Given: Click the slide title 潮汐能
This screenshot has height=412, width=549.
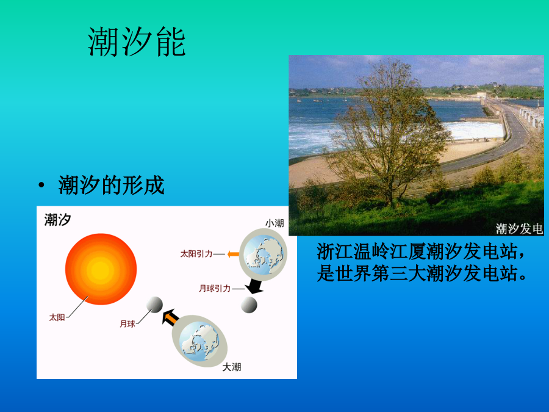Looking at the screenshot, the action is tap(137, 42).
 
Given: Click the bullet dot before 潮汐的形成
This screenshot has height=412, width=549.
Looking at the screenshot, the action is tap(41, 184).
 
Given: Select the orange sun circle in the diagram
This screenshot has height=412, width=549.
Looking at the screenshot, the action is tap(101, 269).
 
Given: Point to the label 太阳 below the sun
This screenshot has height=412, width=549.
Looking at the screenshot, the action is tap(57, 317).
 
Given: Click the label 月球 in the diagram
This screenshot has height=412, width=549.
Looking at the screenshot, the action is tap(127, 323).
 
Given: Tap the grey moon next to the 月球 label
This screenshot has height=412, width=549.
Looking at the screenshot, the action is tap(154, 305).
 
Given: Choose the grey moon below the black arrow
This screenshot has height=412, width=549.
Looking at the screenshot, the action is tap(249, 305).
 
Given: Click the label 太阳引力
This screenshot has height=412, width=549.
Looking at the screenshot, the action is tap(196, 254).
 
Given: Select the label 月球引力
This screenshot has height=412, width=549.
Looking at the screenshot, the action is tap(215, 288).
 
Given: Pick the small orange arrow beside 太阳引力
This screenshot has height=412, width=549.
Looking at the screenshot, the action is tap(233, 254).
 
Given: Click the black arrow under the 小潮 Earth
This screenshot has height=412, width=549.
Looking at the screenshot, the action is tap(254, 286).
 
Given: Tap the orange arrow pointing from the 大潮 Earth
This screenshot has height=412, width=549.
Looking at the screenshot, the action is tap(171, 317).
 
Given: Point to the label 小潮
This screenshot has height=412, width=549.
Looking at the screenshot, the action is tap(274, 223).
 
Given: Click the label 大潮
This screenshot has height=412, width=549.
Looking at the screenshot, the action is tap(232, 367).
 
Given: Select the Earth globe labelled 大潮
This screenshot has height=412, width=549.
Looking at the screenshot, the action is tap(199, 341).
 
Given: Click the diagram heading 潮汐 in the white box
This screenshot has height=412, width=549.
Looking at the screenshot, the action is tap(58, 220).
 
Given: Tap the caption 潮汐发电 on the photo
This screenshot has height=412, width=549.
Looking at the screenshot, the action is tap(519, 229).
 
